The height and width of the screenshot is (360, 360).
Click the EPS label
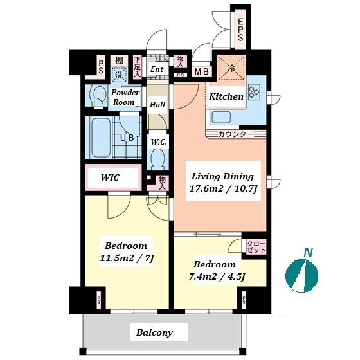point(240,30)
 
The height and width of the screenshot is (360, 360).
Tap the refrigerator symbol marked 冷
point(231,67)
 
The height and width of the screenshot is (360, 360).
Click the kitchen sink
point(221,117)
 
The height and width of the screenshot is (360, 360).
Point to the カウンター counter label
point(235,134)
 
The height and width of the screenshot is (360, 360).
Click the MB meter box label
point(202,72)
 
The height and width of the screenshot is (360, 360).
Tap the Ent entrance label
point(157,69)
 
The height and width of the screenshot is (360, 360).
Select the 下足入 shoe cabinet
point(138,67)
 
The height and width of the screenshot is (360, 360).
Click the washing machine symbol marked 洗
point(119,75)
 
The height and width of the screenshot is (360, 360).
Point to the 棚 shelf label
point(119,60)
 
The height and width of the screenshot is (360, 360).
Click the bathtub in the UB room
point(101,138)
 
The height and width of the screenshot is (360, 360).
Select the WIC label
point(110,177)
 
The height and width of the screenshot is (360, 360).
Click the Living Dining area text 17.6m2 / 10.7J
point(223,189)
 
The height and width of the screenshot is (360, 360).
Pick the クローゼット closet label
point(256,247)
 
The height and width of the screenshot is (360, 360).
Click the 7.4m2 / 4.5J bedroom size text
point(217,276)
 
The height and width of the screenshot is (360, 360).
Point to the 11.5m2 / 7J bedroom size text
point(127,258)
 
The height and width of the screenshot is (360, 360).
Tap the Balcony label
point(154,332)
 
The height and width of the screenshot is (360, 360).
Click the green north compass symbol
point(301,276)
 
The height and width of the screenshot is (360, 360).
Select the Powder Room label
point(125,97)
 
